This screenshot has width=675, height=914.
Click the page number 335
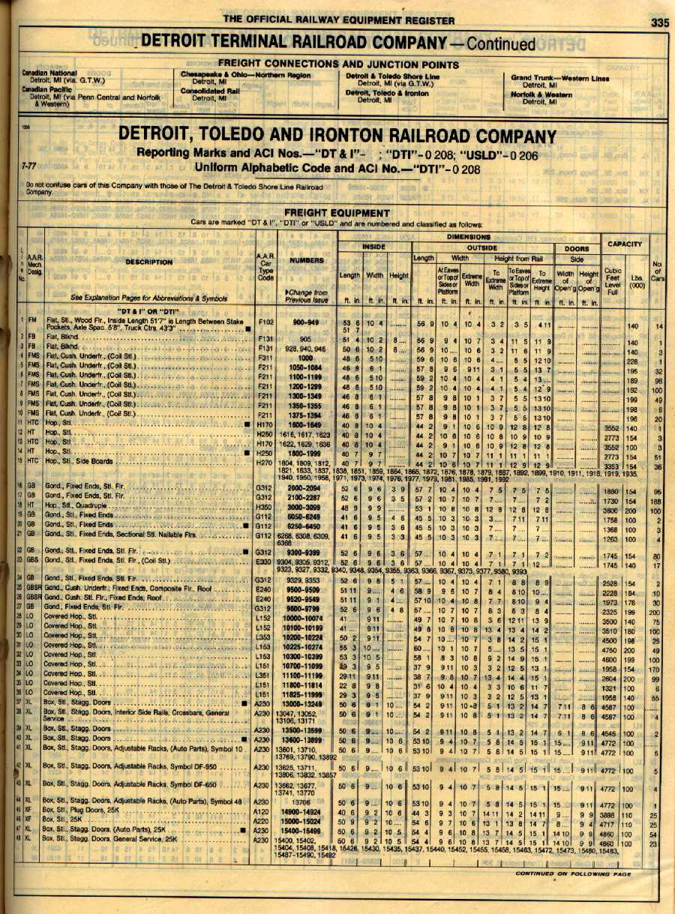click(659, 22)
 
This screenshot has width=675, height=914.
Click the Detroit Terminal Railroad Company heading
click(338, 43)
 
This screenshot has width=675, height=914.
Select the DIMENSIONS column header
click(469, 235)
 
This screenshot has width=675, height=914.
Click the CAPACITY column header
click(625, 244)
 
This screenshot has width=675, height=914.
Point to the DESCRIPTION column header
click(148, 262)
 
